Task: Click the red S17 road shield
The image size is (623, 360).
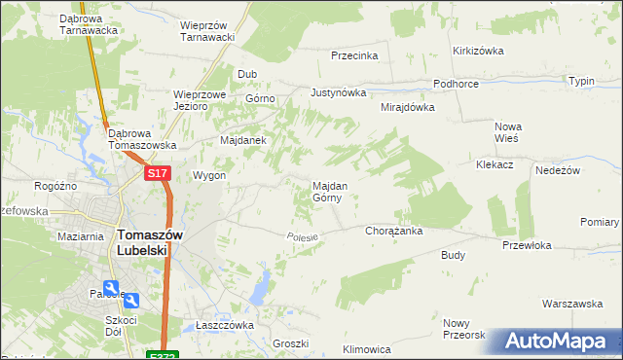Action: (x=159, y=173)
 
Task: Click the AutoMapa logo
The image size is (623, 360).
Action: (x=558, y=342)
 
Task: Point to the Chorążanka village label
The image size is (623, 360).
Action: (x=392, y=232)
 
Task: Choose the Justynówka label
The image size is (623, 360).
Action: (x=338, y=93)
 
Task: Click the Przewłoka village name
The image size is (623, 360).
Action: (x=529, y=245)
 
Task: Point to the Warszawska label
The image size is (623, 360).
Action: (x=573, y=304)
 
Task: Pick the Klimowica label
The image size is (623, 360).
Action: (x=367, y=348)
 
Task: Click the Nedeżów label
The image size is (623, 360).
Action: (x=558, y=169)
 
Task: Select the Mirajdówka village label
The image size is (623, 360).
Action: (x=407, y=107)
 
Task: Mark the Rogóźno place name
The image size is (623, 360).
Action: (x=55, y=186)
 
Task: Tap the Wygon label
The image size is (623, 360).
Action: (x=209, y=176)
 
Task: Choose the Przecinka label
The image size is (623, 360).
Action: (x=354, y=55)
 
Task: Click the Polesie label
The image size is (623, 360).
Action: (x=304, y=236)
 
